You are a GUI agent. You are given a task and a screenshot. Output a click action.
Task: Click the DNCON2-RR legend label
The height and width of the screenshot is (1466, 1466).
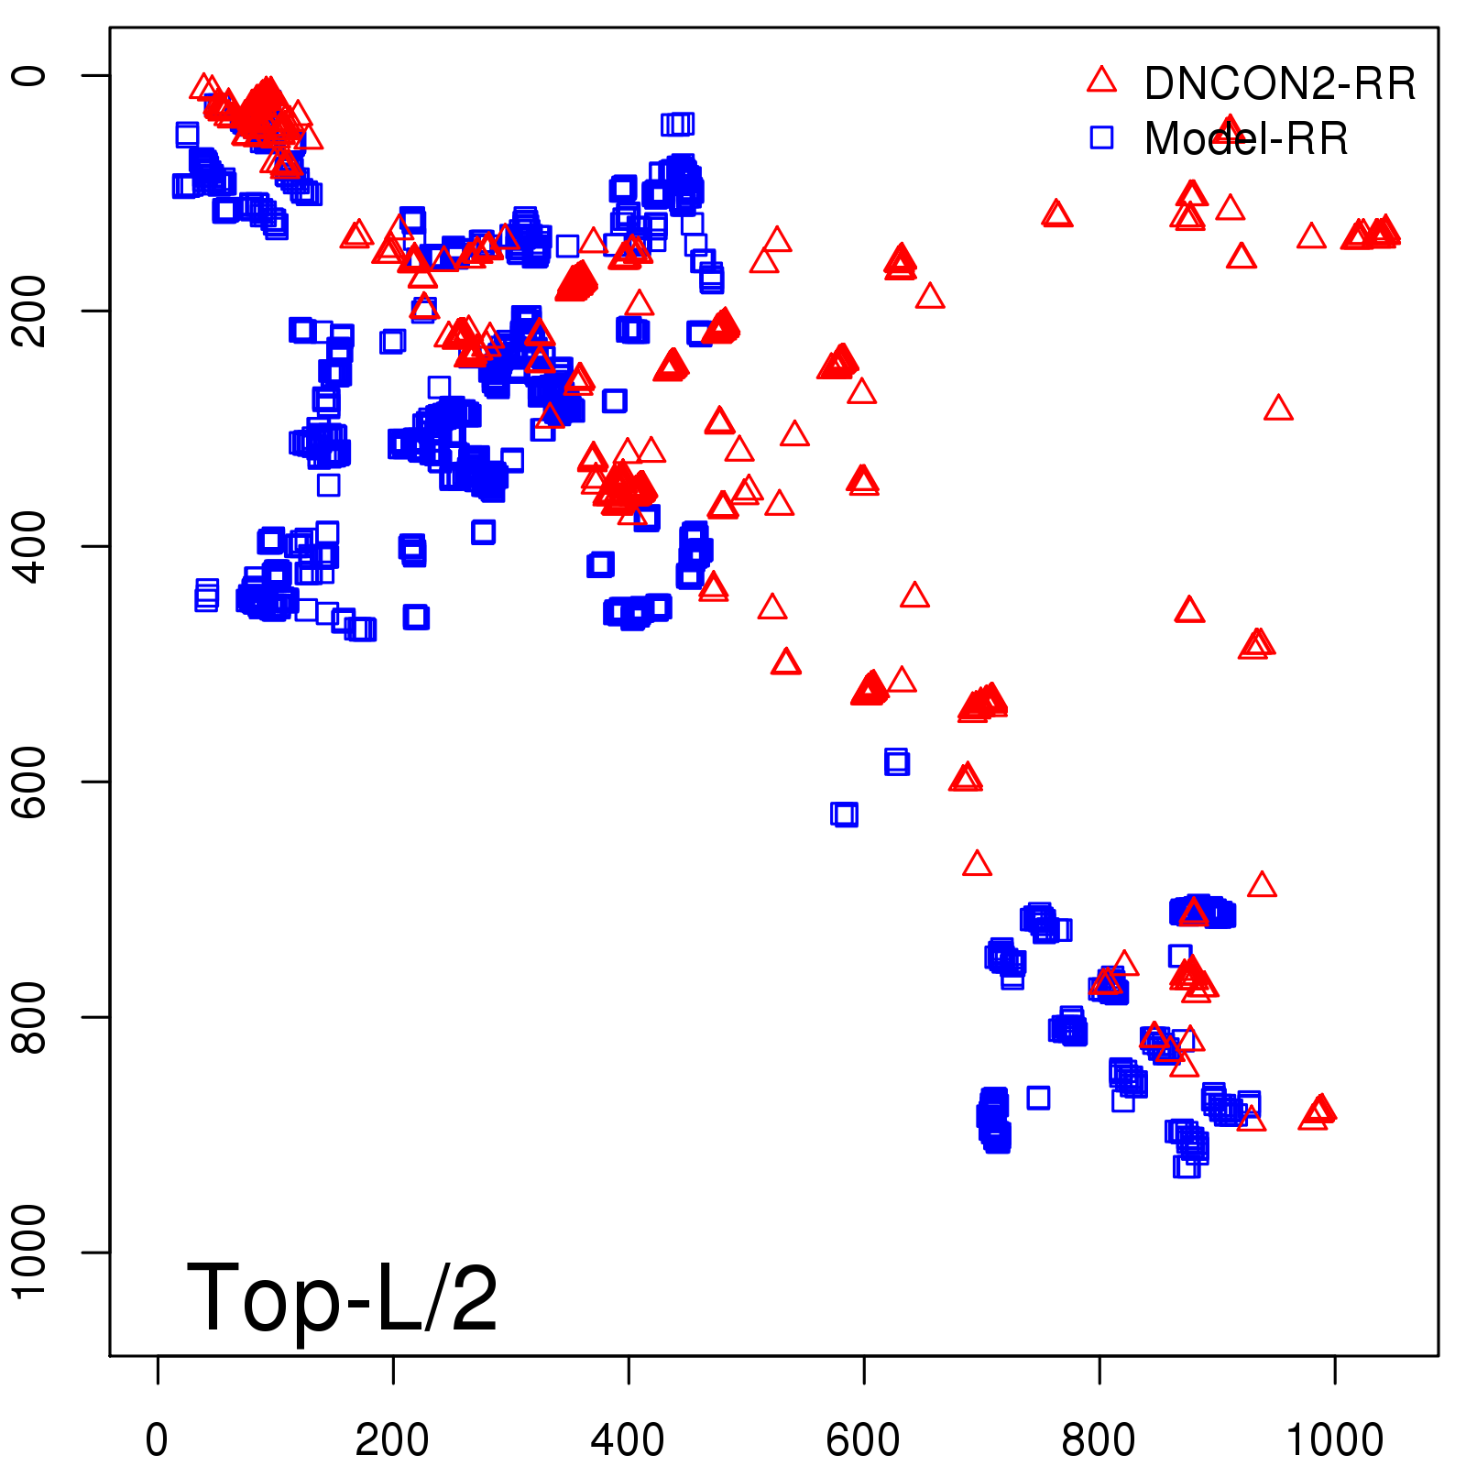coord(1279,84)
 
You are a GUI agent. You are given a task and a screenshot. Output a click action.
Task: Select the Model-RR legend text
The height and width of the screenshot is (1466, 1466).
coord(1246,139)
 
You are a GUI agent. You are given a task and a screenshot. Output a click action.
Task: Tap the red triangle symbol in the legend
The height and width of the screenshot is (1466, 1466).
coord(1101,81)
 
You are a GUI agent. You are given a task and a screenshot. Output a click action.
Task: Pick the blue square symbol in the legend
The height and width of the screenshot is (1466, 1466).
coord(1101,137)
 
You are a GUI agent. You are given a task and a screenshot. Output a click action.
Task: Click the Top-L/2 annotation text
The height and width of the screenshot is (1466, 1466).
coord(342,1297)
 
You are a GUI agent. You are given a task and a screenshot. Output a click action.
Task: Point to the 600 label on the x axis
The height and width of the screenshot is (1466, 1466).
coord(863,1441)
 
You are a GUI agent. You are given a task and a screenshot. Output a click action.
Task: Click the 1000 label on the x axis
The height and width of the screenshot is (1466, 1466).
coord(1334,1441)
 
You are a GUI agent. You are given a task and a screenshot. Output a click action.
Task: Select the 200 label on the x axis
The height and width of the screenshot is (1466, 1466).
coord(392,1441)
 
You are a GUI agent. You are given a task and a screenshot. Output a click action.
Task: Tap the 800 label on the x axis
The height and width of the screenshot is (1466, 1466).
coord(1099,1441)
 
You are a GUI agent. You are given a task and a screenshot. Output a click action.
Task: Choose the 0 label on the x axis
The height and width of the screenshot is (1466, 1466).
coord(157,1441)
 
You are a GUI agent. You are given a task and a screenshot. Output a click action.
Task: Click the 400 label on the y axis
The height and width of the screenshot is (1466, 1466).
coord(31,546)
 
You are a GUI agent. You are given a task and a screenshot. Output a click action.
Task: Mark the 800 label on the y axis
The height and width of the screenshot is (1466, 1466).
coord(31,1017)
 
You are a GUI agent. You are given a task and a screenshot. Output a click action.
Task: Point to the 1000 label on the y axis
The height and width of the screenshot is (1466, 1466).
coord(31,1252)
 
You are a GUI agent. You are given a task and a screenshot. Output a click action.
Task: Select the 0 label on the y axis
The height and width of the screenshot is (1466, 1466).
coord(31,75)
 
